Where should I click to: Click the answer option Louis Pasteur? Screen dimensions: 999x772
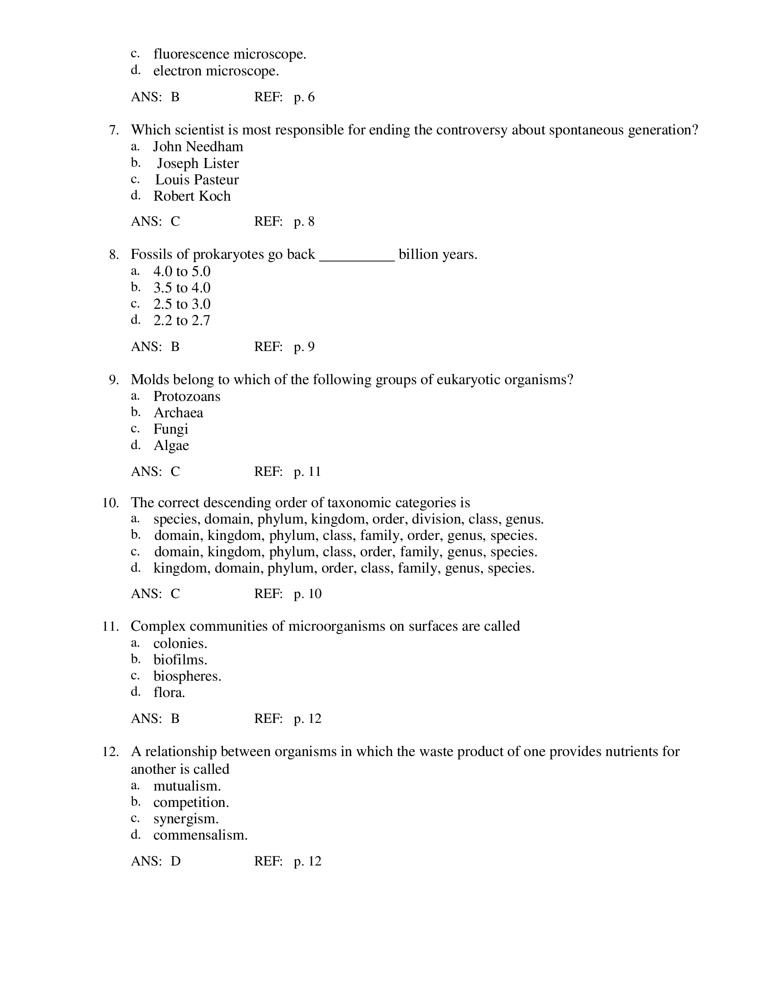pos(197,179)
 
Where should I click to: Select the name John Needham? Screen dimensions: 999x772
pos(198,146)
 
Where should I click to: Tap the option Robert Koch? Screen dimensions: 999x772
pos(192,196)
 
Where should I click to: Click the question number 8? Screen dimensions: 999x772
pos(114,254)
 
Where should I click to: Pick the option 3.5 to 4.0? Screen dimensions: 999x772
pos(182,288)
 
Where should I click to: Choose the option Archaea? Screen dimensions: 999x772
pos(178,413)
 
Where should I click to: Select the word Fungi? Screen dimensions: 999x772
pos(171,429)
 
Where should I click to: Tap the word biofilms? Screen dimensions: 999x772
pos(180,660)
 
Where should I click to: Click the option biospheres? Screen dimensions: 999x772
pos(187,676)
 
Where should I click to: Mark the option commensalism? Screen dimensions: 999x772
pos(200,835)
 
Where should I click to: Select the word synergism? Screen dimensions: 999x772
pos(186,819)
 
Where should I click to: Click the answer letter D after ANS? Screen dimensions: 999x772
pos(176,861)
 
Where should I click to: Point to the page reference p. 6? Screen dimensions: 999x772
pos(304,97)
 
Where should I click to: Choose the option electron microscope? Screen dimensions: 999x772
pos(216,71)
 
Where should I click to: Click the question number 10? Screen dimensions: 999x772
pos(110,503)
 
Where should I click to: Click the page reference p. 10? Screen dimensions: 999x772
pos(307,594)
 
